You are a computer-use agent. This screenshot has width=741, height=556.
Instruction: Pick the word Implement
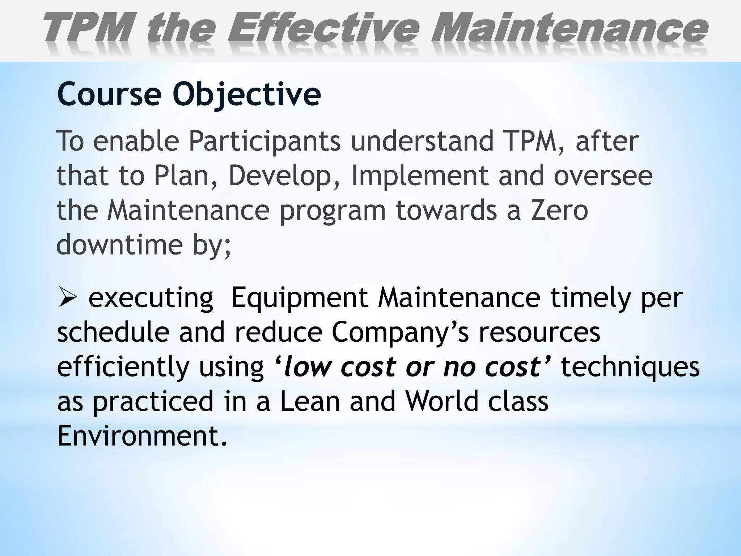point(420,176)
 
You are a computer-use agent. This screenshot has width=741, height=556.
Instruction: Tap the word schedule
point(113,333)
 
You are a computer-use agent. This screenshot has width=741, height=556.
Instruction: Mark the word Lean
point(310,401)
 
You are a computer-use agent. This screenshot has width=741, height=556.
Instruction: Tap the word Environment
point(142,436)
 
